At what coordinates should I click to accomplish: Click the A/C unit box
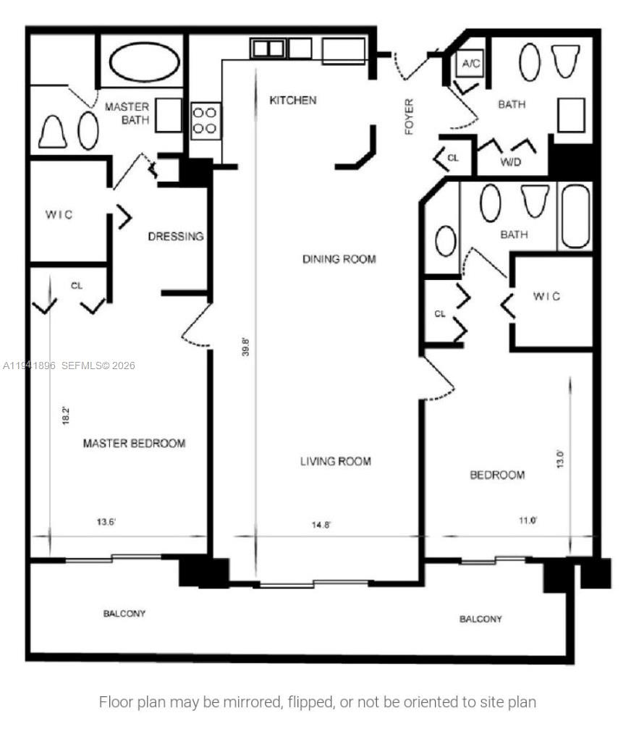[x=471, y=64]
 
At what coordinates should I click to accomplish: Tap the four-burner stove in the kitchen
[x=206, y=120]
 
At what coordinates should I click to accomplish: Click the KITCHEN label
[x=292, y=100]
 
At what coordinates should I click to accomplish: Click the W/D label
[x=511, y=162]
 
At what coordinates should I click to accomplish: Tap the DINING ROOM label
[x=339, y=258]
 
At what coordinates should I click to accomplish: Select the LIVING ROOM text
[x=335, y=461]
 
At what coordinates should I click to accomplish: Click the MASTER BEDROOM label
[x=134, y=443]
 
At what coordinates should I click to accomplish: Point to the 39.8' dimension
[x=246, y=347]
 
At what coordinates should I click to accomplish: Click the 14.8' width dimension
[x=321, y=525]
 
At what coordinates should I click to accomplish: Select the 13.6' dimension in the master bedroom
[x=107, y=521]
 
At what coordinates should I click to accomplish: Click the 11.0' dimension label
[x=527, y=520]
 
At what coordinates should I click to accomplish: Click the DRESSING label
[x=176, y=237]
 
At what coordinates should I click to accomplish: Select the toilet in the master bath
[x=53, y=132]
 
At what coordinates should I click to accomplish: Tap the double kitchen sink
[x=268, y=48]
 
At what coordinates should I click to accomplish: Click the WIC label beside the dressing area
[x=59, y=215]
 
